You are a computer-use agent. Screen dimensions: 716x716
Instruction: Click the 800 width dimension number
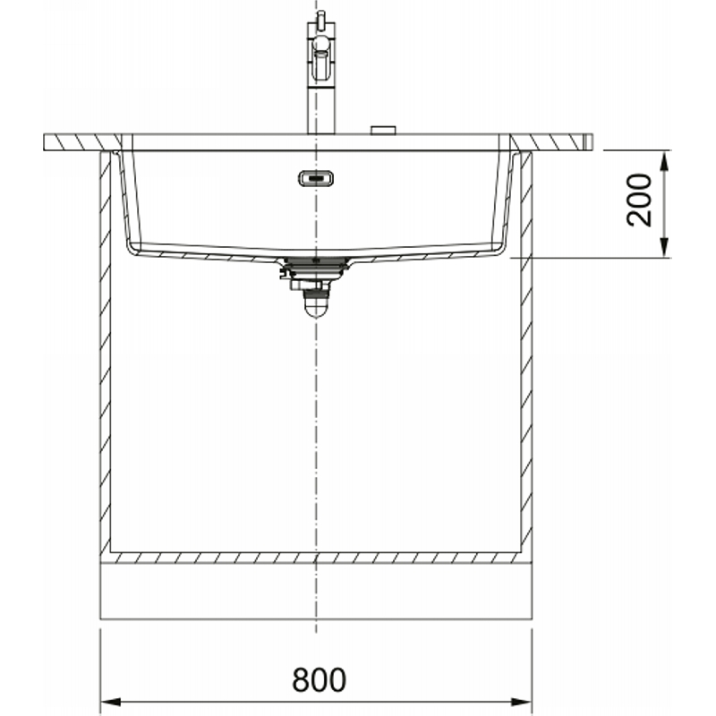319,679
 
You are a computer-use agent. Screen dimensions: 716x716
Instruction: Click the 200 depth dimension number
639,200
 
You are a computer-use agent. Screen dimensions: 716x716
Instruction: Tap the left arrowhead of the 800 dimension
110,702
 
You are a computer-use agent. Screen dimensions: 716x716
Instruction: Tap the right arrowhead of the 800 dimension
521,702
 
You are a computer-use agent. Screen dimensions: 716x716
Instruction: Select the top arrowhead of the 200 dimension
664,161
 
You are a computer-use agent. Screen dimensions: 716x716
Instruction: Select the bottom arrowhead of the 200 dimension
664,247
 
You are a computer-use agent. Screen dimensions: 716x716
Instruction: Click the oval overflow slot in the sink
316,178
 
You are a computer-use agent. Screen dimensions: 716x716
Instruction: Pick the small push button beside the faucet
383,130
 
